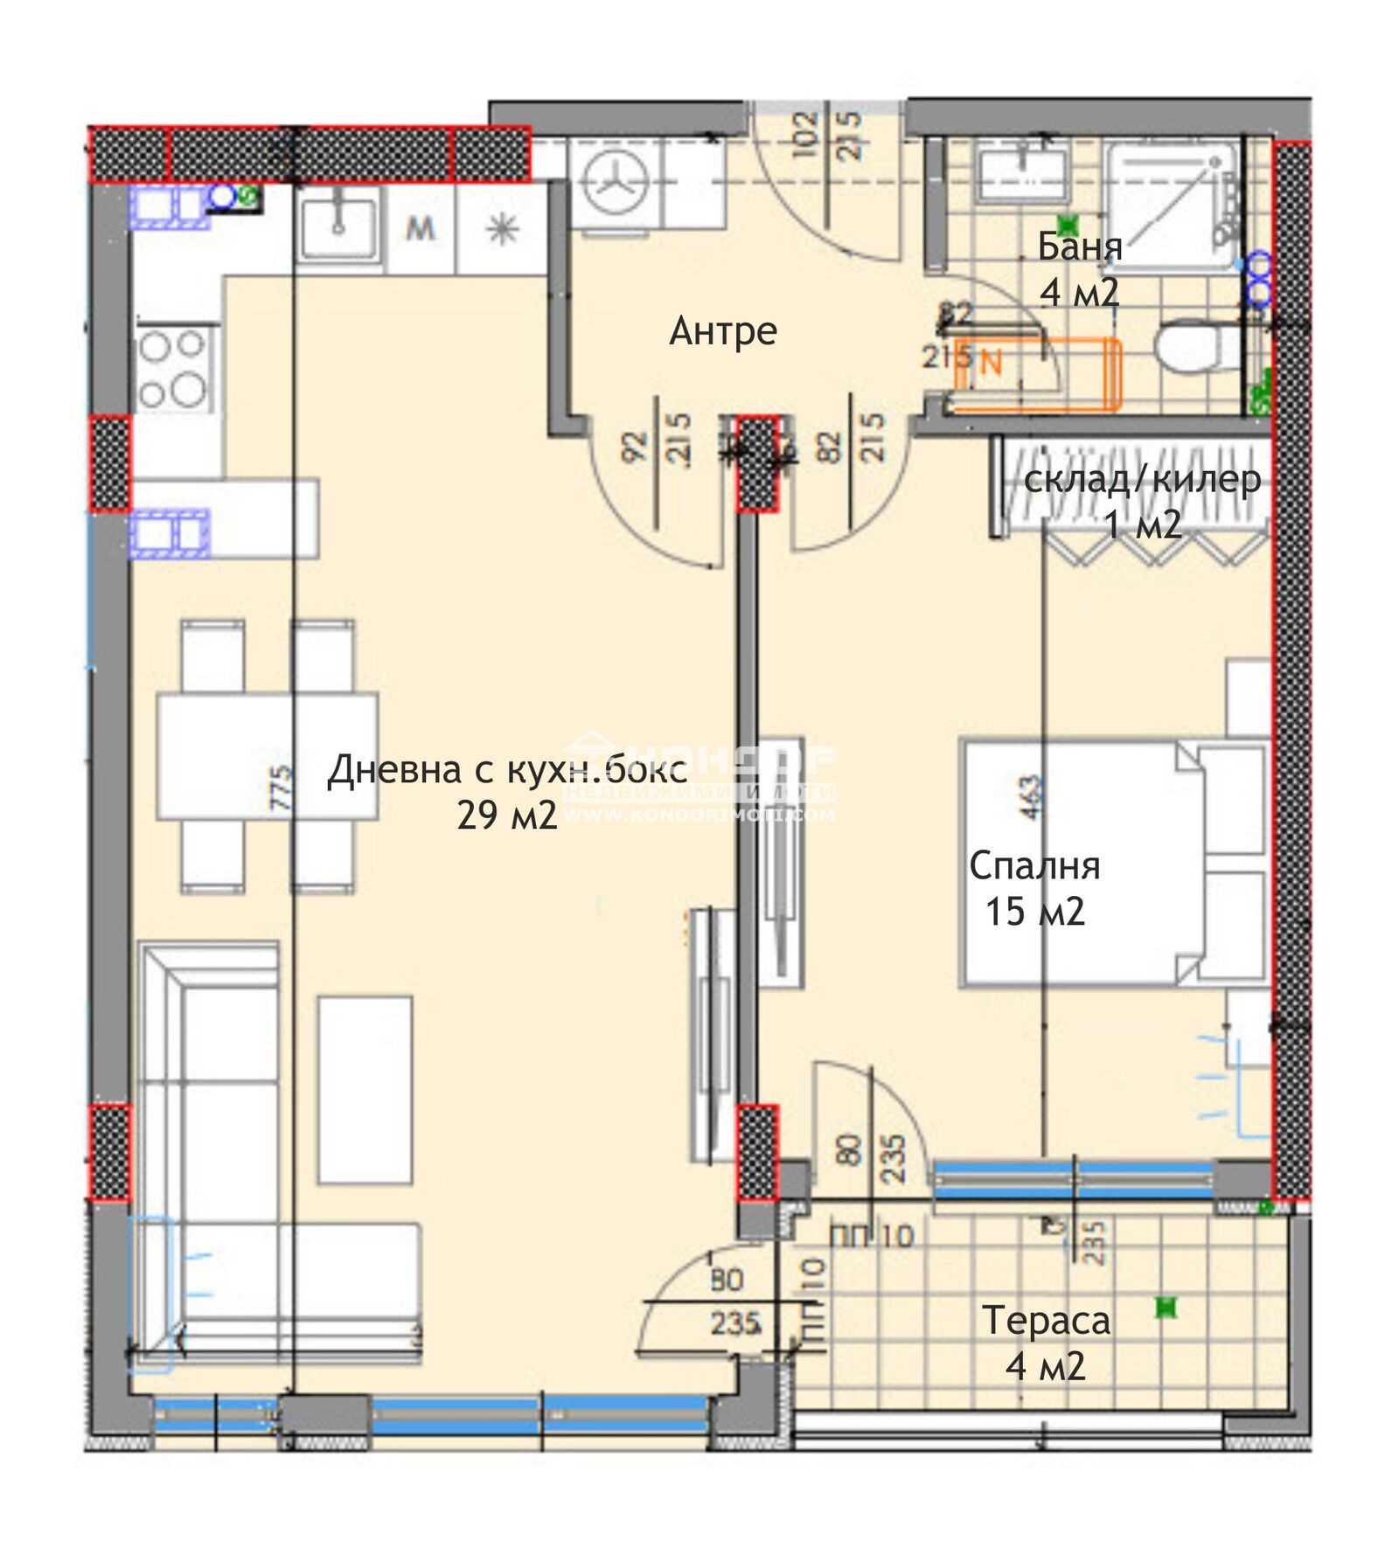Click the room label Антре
click(722, 331)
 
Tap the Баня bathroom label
click(1079, 247)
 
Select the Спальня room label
click(1034, 865)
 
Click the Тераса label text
click(1046, 1320)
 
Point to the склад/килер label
click(1142, 480)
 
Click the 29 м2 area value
click(506, 816)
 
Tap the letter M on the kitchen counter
click(421, 229)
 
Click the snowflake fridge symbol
click(502, 229)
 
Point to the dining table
click(267, 756)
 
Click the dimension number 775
click(282, 789)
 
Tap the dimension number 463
click(1031, 797)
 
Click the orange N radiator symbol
click(991, 363)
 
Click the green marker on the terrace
click(1166, 1308)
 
